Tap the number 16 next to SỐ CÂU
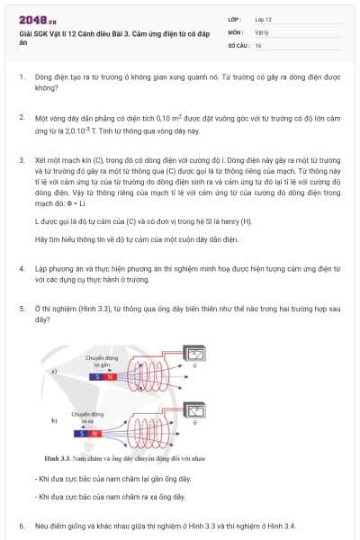point(258,44)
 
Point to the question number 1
point(22,78)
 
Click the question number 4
point(22,269)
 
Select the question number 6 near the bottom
point(22,525)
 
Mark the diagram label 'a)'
point(54,371)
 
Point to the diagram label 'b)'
point(54,420)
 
